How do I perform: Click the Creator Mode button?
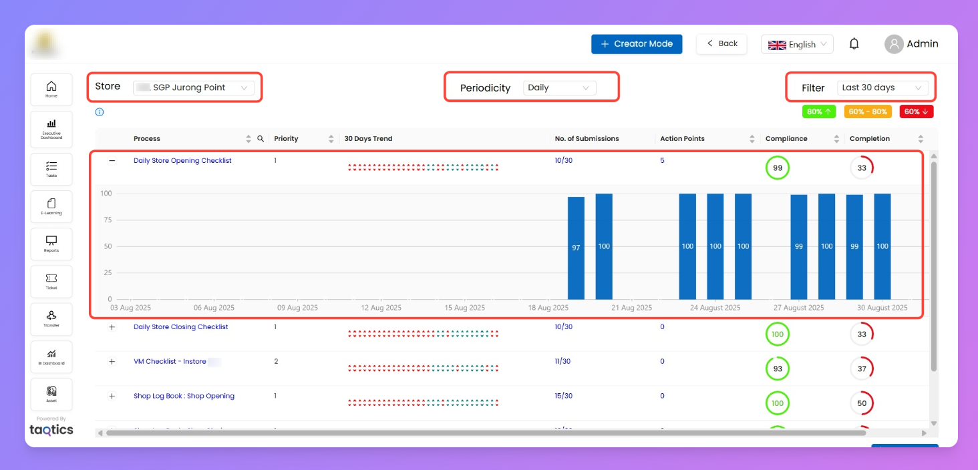(x=636, y=44)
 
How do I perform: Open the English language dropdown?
(x=797, y=45)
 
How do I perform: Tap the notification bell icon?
(x=854, y=44)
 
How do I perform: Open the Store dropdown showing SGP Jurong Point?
(x=193, y=87)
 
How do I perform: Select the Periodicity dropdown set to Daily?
(x=558, y=87)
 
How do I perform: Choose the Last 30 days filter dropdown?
(x=882, y=87)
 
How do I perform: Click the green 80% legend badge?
(x=819, y=112)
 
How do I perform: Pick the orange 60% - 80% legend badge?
(x=868, y=112)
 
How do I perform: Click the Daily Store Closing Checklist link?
(x=180, y=327)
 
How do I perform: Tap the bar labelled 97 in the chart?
(x=576, y=248)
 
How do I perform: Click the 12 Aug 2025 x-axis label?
(x=381, y=308)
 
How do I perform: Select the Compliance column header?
(x=786, y=139)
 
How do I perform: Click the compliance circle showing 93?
(x=777, y=369)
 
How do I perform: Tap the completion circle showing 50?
(x=862, y=403)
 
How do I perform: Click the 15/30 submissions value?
(x=563, y=396)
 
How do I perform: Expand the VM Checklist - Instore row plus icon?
(x=112, y=361)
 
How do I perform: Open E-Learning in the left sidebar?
(x=51, y=207)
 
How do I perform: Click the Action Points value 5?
(x=662, y=161)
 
